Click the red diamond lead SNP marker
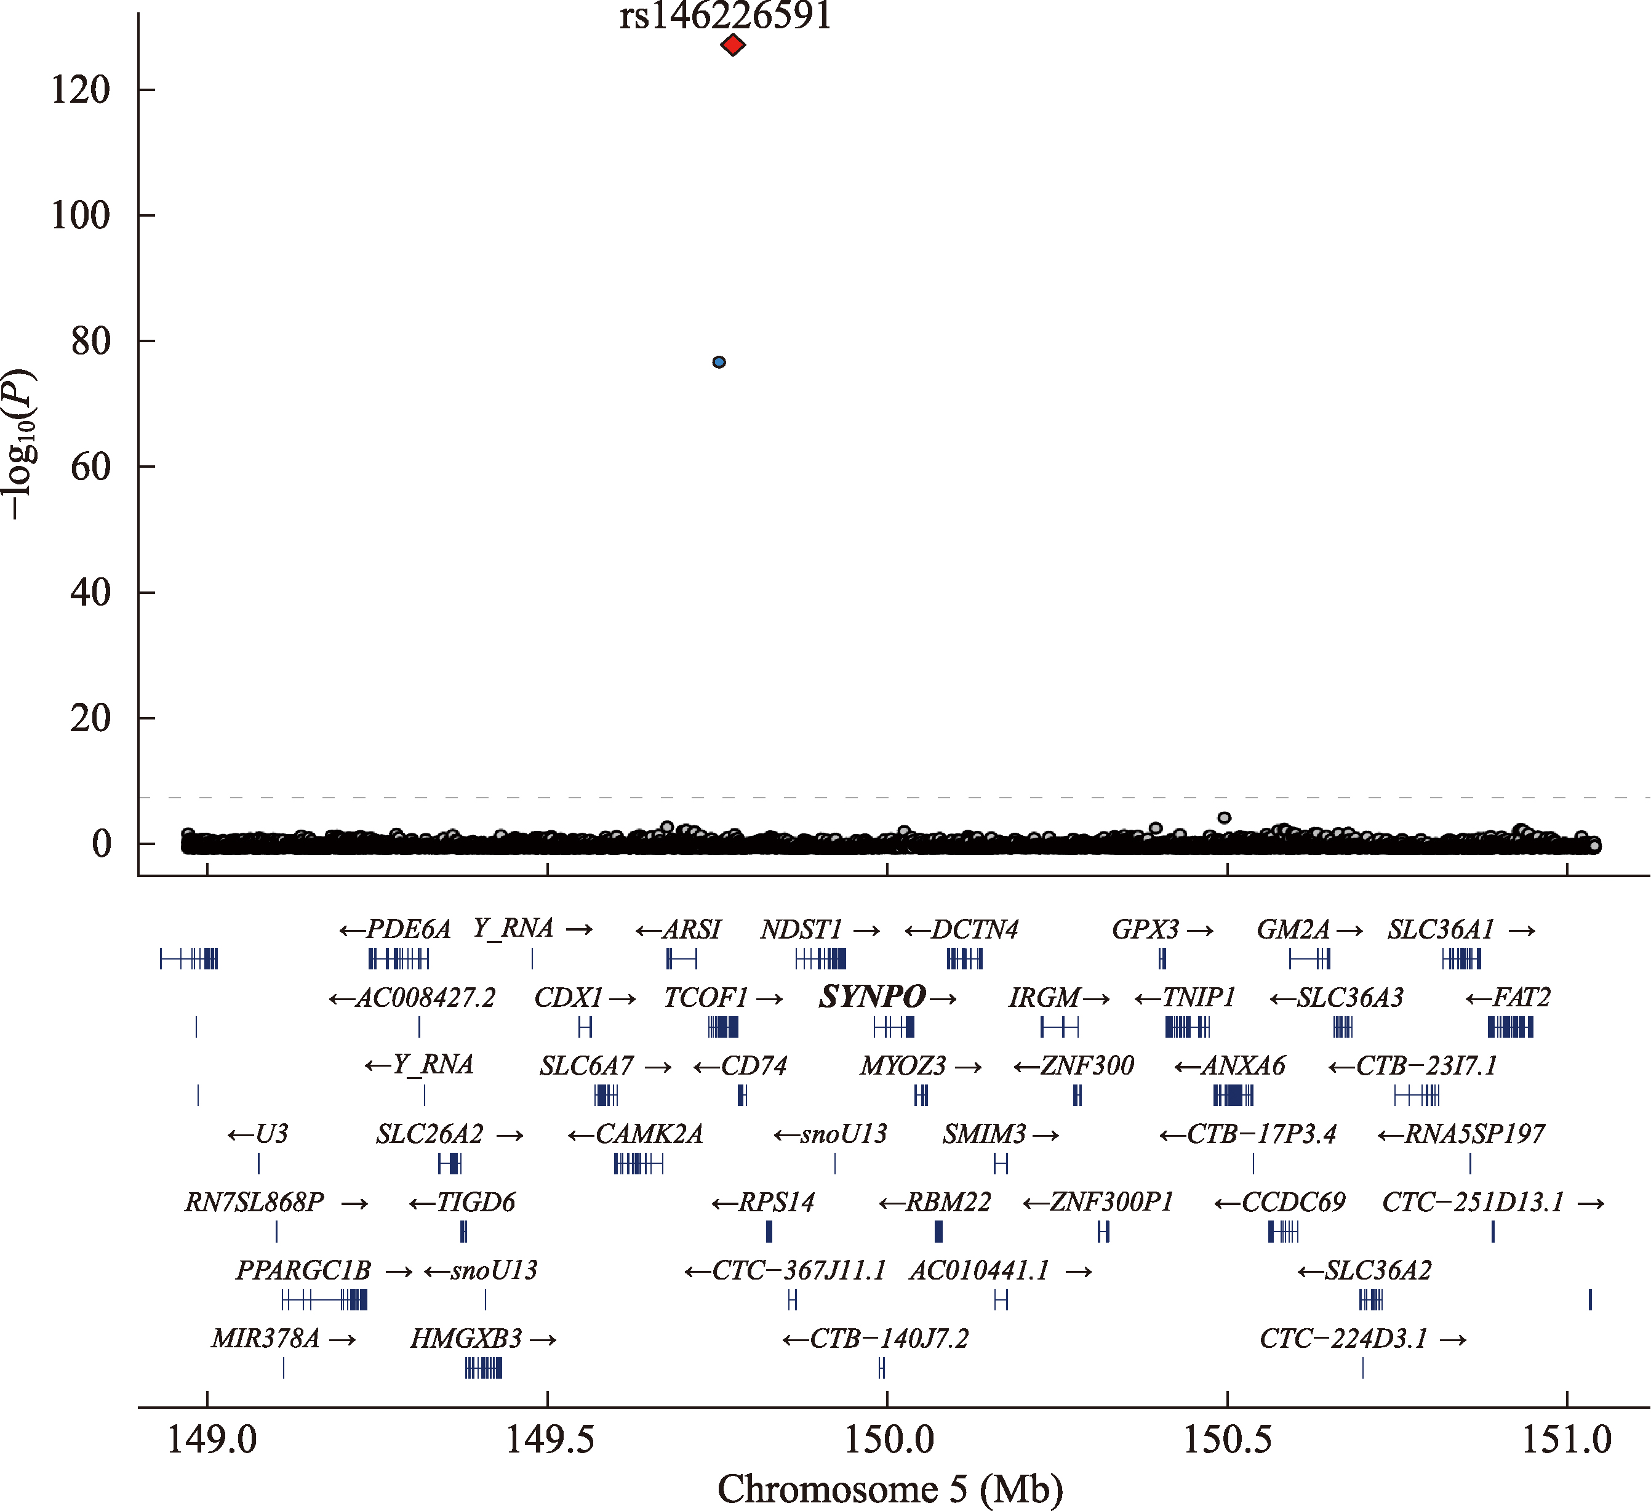click(732, 45)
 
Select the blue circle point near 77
click(719, 362)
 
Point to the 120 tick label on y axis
click(80, 90)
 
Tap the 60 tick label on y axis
click(90, 467)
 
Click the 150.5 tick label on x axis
click(1227, 1439)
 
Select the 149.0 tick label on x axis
click(211, 1439)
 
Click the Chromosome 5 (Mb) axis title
click(890, 1488)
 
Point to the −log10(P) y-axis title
click(20, 443)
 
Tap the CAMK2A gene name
click(649, 1134)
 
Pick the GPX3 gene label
click(1145, 929)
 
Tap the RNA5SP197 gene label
click(1475, 1134)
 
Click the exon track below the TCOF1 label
click(723, 1027)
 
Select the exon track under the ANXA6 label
click(1233, 1095)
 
